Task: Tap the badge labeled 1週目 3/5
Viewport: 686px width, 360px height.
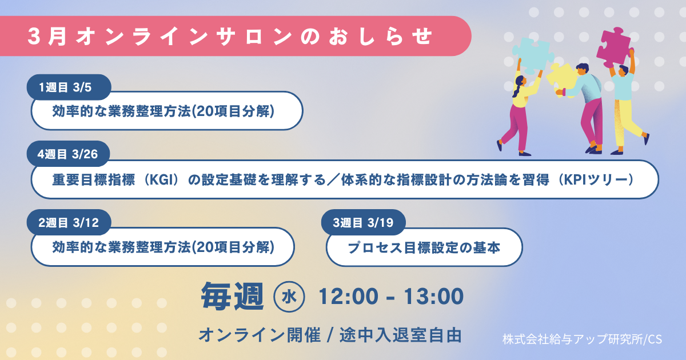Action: click(x=69, y=87)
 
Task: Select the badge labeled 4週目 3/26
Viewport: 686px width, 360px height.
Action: click(x=68, y=154)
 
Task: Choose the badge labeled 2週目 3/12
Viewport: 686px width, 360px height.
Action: click(x=69, y=222)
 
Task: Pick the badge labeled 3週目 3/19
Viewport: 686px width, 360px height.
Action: click(x=363, y=222)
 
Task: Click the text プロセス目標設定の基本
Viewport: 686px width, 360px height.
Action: click(x=424, y=247)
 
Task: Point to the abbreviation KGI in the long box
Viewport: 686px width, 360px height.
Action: click(x=161, y=179)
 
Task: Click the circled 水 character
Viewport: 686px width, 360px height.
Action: click(x=289, y=297)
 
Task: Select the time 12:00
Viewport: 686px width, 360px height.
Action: click(x=348, y=297)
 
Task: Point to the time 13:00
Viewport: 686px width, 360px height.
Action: click(x=433, y=297)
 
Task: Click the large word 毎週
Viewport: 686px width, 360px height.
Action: click(x=232, y=297)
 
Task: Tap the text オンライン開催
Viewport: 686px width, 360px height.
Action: click(x=260, y=335)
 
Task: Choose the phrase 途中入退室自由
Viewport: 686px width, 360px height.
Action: click(x=401, y=335)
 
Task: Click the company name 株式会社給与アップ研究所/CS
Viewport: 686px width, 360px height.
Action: click(x=582, y=339)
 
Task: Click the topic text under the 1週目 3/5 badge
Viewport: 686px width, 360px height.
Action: click(x=163, y=111)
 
